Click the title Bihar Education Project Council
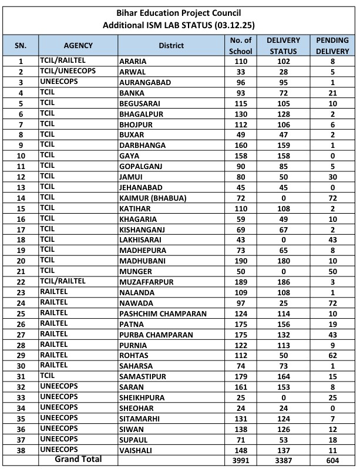(x=180, y=13)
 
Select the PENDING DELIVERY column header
(x=332, y=45)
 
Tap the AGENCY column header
(x=79, y=45)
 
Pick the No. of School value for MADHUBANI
(x=241, y=261)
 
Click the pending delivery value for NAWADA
(x=332, y=303)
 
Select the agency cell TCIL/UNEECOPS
(x=67, y=71)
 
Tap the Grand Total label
(x=78, y=459)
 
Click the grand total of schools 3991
(x=241, y=460)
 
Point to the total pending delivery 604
(x=332, y=460)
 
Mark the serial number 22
(x=21, y=282)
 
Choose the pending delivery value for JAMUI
(x=332, y=177)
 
